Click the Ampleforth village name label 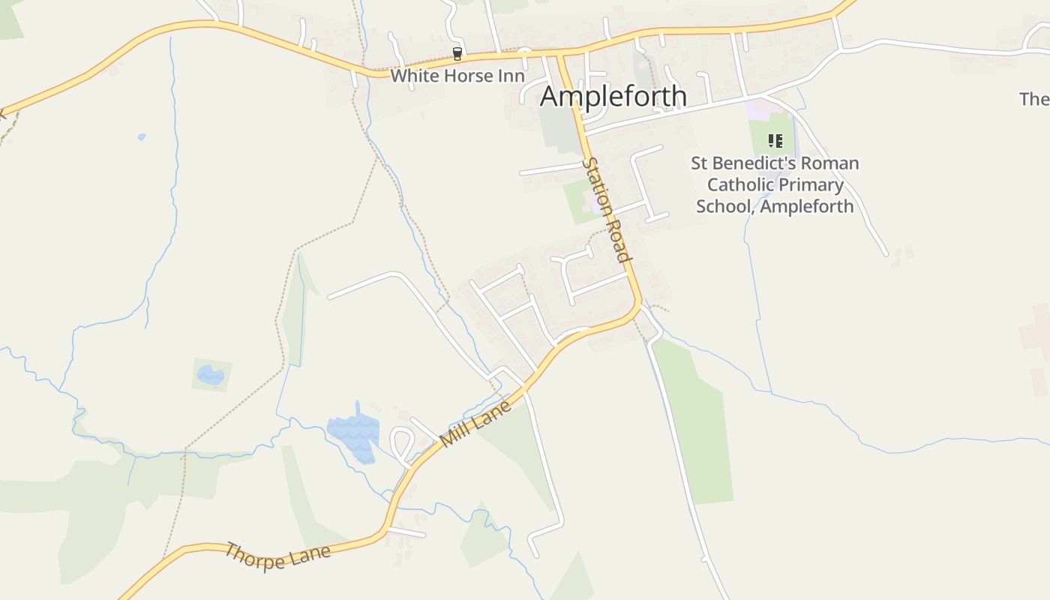(x=613, y=96)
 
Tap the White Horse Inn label (x=457, y=76)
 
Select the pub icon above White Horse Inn (x=457, y=54)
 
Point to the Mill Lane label (x=477, y=424)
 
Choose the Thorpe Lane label (x=277, y=556)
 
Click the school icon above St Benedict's (x=775, y=140)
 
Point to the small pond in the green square (x=211, y=374)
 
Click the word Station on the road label (x=598, y=182)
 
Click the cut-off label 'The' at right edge (x=1036, y=98)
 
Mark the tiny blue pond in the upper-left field (x=142, y=137)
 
